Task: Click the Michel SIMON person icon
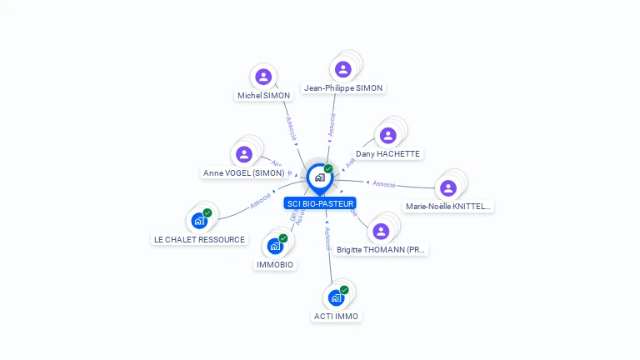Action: pos(263,77)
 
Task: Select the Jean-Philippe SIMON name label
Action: pos(343,87)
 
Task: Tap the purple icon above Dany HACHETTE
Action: pos(387,135)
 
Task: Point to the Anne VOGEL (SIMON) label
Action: pos(243,173)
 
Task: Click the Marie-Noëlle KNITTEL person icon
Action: pos(448,187)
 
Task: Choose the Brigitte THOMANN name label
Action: pos(382,249)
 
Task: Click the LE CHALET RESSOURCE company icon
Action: pos(198,221)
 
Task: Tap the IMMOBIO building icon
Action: pos(275,247)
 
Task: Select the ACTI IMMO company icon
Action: pos(336,297)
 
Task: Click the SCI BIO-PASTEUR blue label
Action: pos(320,203)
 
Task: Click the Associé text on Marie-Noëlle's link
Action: pos(384,183)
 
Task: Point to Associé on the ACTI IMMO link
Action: pos(328,240)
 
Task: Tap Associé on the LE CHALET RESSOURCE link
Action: pos(261,201)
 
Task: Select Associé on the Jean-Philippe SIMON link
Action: pos(332,124)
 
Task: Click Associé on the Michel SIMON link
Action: pos(291,127)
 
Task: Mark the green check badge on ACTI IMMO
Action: pos(344,290)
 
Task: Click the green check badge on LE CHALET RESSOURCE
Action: pos(207,212)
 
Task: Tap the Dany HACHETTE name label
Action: pos(387,154)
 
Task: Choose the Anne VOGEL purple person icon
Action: pos(244,154)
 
